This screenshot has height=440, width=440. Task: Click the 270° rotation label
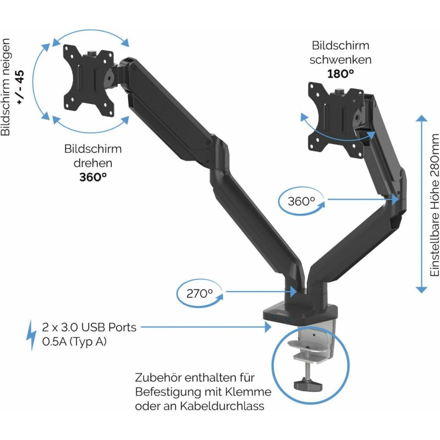199,293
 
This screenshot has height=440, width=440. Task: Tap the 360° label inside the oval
301,201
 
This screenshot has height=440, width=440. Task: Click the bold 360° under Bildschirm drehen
92,177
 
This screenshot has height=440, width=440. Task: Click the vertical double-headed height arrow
421,204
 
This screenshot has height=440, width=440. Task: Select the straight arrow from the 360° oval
363,200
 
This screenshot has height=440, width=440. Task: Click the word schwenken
340,59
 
